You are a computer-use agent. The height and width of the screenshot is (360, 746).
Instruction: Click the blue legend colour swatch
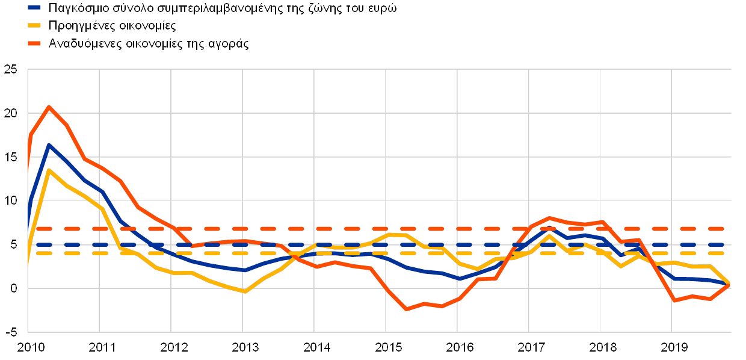coord(34,8)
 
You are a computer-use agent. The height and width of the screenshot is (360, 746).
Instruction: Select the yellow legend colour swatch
coord(34,26)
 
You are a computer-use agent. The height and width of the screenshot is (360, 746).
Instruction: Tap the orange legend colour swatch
coord(34,43)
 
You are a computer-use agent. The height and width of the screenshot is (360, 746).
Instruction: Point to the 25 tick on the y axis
coord(10,69)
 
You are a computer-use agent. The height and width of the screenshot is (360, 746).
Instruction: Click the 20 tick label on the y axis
coord(10,113)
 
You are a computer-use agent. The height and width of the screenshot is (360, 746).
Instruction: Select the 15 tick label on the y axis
coord(10,157)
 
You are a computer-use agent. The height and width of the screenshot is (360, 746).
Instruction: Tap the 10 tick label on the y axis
coord(10,201)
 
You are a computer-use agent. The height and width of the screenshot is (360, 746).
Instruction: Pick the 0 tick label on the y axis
coord(13,289)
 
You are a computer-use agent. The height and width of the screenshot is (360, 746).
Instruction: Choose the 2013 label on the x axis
coord(242,348)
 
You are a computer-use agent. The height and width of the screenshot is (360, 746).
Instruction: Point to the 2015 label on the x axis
coord(386,348)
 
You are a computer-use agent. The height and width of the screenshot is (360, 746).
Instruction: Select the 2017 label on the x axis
coord(529,348)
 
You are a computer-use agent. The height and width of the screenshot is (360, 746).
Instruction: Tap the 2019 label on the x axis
coord(672,348)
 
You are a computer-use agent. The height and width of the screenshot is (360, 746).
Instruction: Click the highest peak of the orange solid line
coord(49,107)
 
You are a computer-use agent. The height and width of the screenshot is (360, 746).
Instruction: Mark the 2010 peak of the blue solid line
coord(49,145)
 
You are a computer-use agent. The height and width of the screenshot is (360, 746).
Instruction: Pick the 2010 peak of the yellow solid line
coord(49,170)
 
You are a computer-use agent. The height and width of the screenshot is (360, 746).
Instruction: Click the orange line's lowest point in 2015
coord(407,309)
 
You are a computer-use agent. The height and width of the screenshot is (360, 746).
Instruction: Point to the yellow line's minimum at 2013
coord(244,291)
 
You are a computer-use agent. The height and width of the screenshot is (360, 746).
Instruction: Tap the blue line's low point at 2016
coord(459,279)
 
